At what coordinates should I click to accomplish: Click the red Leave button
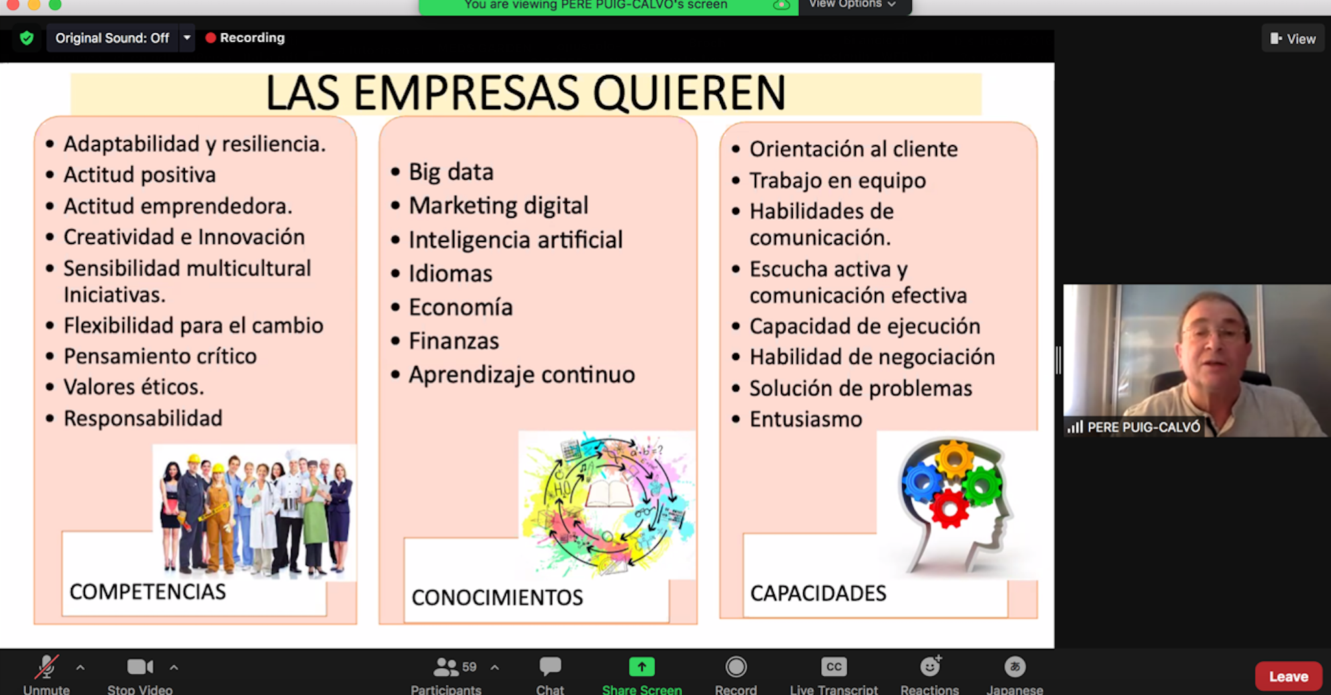(x=1288, y=676)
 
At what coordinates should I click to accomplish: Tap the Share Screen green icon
(x=642, y=667)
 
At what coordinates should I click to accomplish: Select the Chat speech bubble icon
(x=550, y=666)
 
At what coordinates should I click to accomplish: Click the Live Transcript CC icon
(x=834, y=667)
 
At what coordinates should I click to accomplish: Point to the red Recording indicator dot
(x=211, y=38)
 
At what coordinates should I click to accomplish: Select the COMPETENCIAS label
(x=148, y=592)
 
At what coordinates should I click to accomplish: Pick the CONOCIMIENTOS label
(x=497, y=597)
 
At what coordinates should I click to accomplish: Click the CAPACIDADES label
(x=818, y=593)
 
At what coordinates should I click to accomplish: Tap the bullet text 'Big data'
(x=451, y=172)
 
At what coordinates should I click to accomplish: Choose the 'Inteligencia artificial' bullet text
(x=515, y=239)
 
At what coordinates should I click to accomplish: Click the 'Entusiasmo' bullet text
(x=806, y=419)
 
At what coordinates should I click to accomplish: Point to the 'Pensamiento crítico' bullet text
(x=160, y=356)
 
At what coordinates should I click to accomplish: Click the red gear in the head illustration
(x=949, y=508)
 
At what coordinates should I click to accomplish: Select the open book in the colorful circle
(x=609, y=494)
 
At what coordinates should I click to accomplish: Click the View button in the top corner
(x=1293, y=39)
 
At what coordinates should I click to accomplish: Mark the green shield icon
(x=27, y=38)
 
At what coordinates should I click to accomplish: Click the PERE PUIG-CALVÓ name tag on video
(x=1143, y=427)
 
